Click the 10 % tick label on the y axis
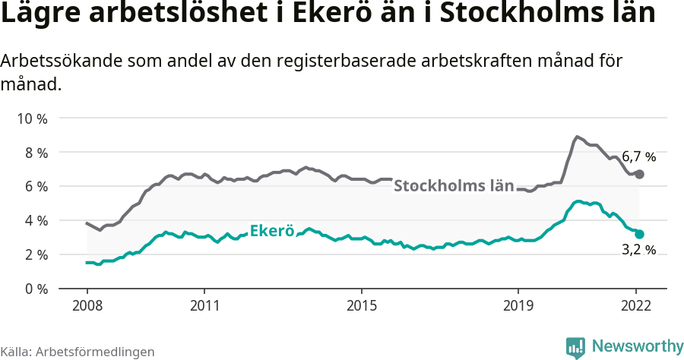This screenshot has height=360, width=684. [31, 118]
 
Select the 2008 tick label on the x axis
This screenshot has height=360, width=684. [87, 306]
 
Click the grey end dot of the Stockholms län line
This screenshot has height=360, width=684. [639, 174]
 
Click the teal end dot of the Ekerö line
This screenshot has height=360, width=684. [639, 234]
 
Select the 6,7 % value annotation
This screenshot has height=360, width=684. [638, 157]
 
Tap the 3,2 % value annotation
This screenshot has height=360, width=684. [639, 249]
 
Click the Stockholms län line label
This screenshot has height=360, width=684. [454, 185]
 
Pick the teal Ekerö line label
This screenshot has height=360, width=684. [271, 231]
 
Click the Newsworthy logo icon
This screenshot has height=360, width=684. [575, 347]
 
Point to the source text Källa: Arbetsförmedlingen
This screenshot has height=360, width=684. [78, 352]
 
